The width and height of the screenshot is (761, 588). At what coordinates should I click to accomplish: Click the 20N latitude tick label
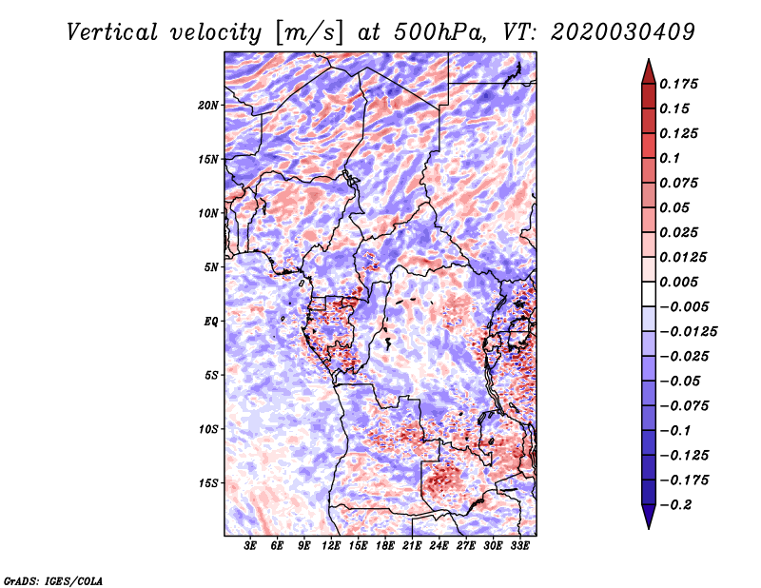207,105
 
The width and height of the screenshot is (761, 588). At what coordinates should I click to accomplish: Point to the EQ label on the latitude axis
210,322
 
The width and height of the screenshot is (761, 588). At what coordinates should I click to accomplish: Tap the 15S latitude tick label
207,483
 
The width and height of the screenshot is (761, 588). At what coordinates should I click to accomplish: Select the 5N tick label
210,267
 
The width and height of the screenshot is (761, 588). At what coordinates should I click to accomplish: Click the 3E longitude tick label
250,545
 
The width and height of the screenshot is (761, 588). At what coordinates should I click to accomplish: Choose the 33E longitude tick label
519,545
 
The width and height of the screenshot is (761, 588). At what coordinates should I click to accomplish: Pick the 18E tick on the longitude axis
385,545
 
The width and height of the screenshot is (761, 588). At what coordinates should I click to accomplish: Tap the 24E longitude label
439,545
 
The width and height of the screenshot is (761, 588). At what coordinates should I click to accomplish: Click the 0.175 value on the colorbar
678,84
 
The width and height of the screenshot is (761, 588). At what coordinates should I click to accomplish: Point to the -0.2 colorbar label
675,505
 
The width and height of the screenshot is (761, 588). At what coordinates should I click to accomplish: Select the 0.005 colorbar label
678,282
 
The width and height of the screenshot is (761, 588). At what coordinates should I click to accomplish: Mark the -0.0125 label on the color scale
688,332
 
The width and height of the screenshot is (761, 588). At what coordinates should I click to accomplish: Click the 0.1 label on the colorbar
670,158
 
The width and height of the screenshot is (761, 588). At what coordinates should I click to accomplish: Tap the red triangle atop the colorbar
649,71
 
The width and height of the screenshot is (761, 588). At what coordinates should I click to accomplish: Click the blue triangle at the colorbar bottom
649,517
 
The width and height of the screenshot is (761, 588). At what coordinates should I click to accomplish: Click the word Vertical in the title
112,32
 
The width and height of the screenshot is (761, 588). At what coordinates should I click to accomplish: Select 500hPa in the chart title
439,32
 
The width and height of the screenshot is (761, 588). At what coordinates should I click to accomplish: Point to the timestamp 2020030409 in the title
623,32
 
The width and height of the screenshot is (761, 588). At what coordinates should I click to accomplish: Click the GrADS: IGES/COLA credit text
53,580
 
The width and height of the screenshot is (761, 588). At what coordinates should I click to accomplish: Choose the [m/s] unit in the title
309,33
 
